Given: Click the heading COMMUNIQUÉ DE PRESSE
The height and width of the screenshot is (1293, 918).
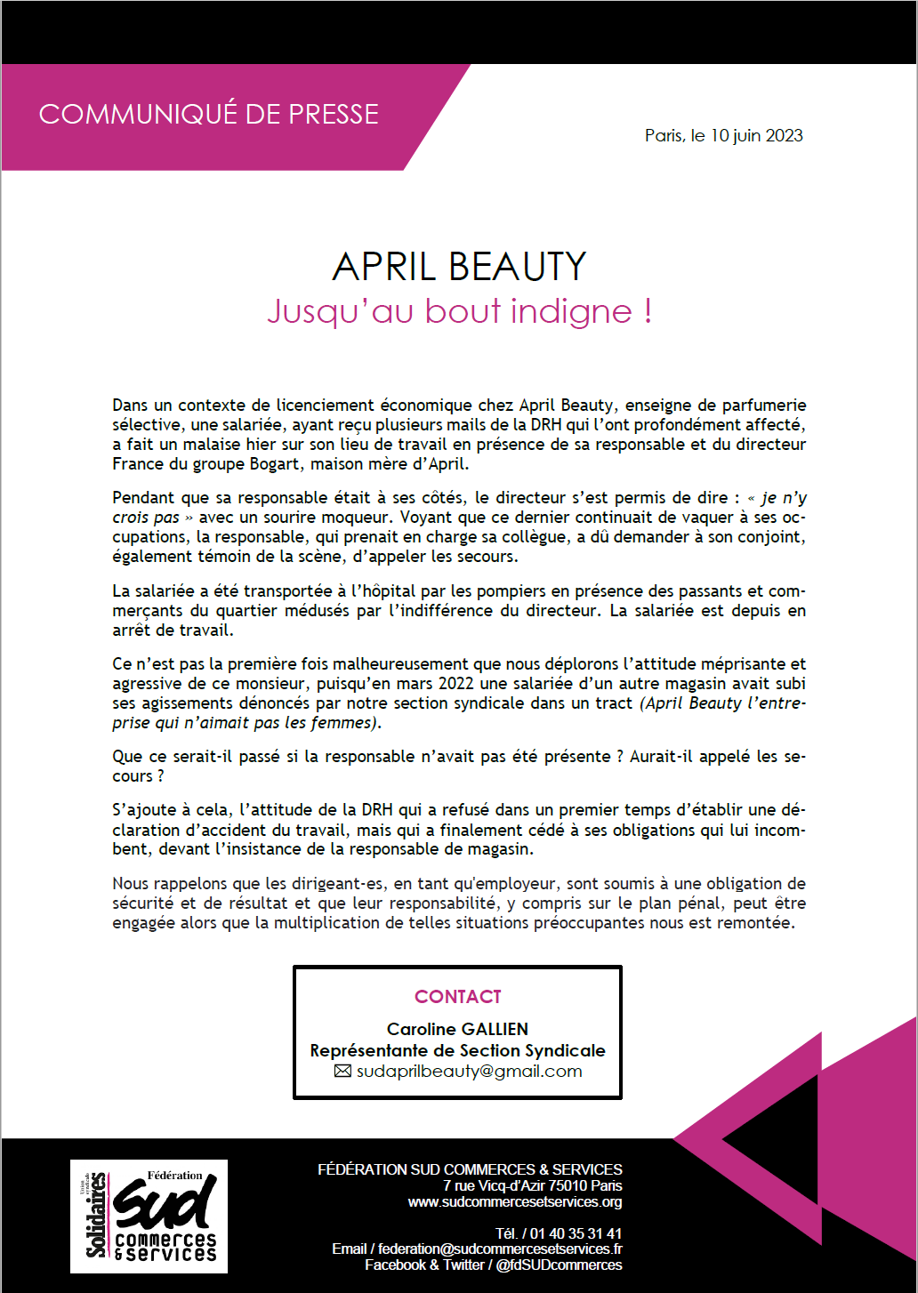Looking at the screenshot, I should point(208,115).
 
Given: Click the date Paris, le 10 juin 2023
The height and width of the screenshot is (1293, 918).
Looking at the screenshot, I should point(723,136).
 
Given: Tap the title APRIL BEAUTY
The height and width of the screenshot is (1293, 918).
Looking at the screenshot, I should point(459,267).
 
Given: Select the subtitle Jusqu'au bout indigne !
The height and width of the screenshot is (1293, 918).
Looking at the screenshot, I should point(459,311).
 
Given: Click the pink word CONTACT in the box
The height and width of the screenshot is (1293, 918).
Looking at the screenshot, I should point(458,997).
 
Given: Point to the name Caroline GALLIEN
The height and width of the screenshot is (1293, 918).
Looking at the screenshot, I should point(457,1029).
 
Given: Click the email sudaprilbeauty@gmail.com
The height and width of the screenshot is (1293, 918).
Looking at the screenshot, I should point(469,1072).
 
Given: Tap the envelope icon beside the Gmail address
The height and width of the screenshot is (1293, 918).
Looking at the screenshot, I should point(342,1072).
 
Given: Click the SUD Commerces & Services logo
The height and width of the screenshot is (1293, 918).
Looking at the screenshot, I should point(149,1216).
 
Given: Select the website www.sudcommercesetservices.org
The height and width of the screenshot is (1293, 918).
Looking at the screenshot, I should point(515,1202).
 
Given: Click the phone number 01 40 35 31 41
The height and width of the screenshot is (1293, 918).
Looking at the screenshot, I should point(576,1234).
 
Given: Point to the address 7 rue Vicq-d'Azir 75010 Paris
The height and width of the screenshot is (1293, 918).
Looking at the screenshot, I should point(532,1186).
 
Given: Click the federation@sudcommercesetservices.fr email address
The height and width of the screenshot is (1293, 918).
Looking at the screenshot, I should point(500,1249).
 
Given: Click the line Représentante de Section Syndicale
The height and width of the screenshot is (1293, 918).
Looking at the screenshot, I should point(457,1050).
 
